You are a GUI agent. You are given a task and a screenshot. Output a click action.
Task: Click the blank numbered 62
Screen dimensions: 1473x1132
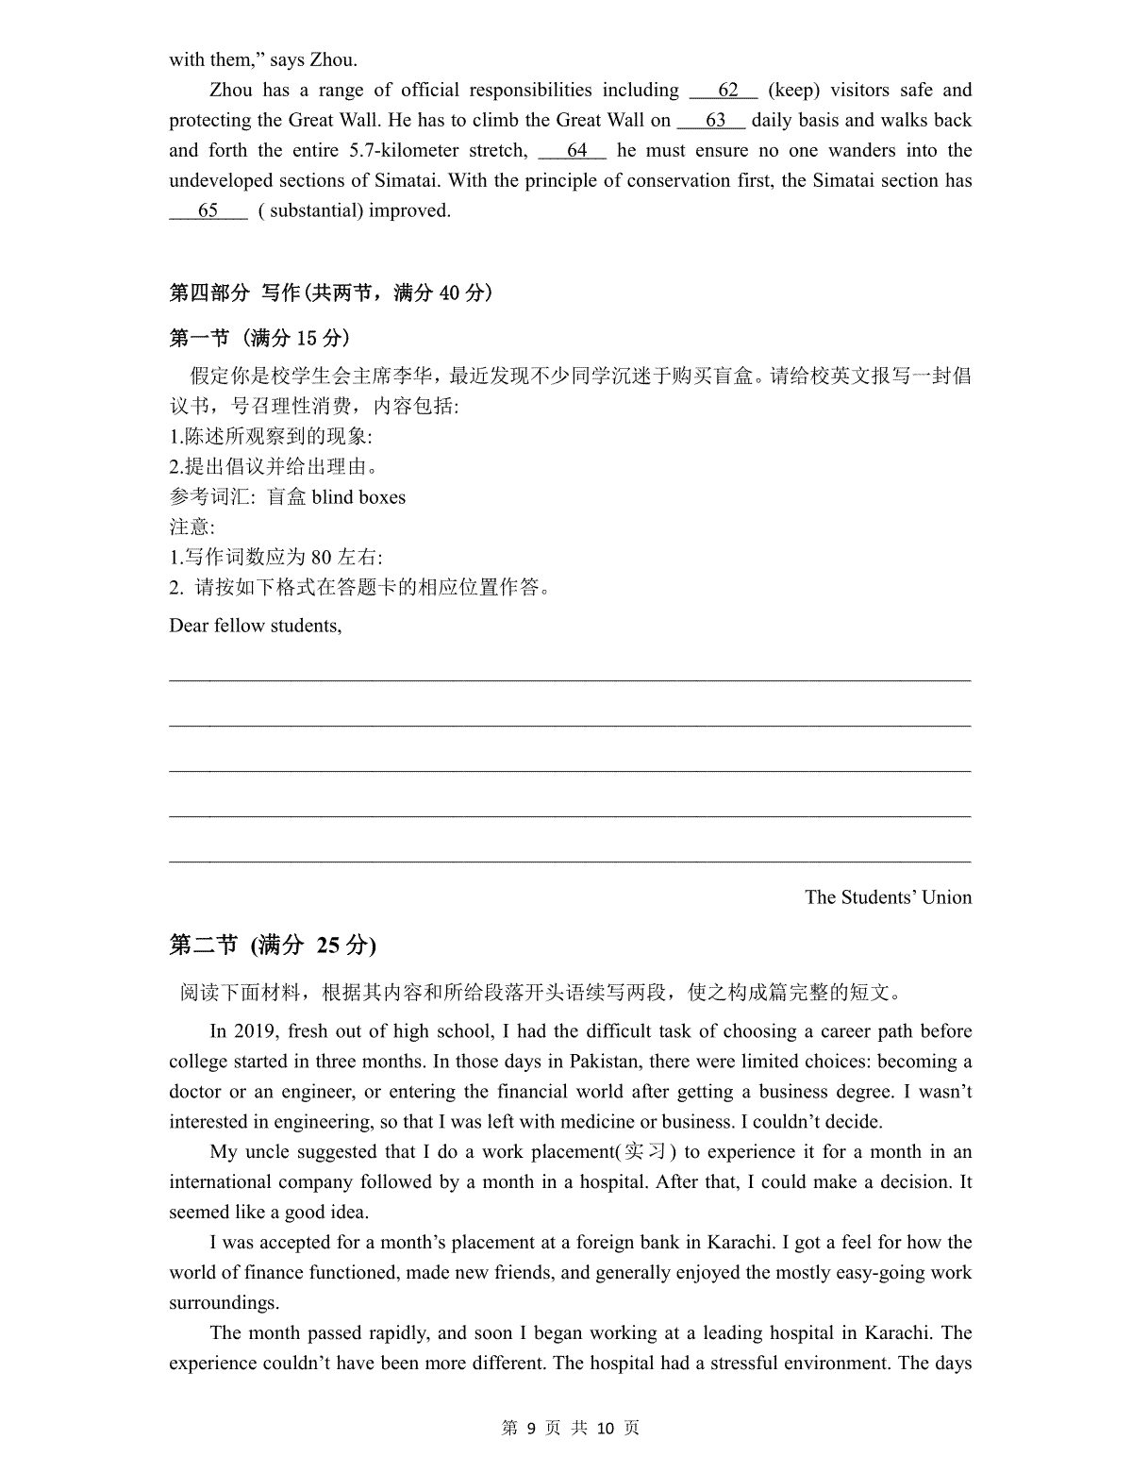724,91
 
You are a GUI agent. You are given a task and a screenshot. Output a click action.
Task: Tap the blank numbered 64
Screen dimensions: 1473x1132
573,151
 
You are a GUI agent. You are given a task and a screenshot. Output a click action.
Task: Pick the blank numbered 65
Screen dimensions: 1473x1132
208,210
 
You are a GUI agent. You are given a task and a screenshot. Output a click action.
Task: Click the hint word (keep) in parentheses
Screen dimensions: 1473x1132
793,91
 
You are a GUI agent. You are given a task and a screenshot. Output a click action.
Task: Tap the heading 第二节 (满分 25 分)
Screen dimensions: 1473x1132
272,945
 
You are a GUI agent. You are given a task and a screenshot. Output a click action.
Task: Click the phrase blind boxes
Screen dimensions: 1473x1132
358,497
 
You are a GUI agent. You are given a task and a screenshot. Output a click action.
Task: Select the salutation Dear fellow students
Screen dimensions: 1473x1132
255,626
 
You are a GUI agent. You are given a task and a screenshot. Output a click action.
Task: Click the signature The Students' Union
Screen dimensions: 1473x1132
888,897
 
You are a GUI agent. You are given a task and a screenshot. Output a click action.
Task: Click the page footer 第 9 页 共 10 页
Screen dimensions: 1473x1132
570,1429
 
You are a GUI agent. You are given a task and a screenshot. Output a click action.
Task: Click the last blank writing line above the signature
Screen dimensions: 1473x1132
570,861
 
